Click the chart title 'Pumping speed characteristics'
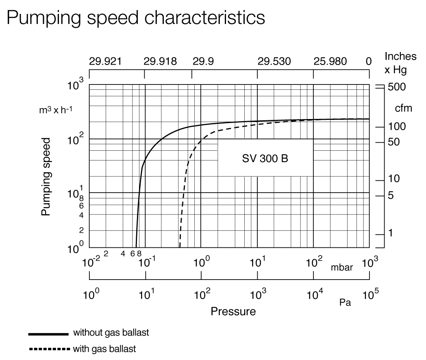point(136,17)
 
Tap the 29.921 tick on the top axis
point(105,62)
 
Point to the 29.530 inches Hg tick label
point(274,62)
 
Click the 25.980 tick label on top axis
point(330,62)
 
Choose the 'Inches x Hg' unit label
point(400,63)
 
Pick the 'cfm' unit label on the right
point(403,108)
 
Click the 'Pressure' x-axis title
point(233,312)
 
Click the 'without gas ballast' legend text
point(111,333)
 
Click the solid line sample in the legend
point(48,334)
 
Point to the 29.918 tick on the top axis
point(161,62)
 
